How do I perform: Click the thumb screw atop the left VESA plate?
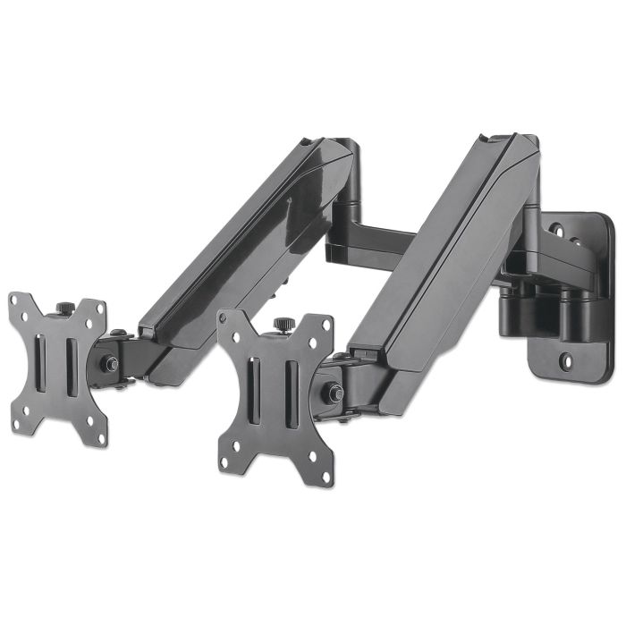pyautogui.click(x=66, y=308)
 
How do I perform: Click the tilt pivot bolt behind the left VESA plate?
pyautogui.click(x=113, y=364)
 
